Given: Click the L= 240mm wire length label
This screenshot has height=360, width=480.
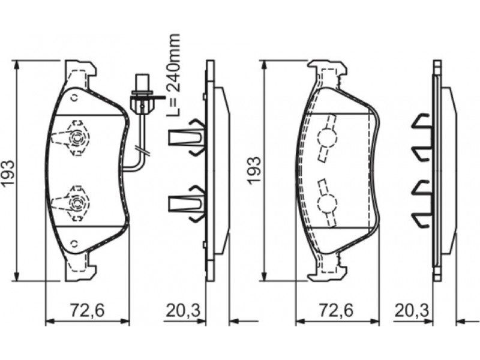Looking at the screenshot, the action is tap(173, 76).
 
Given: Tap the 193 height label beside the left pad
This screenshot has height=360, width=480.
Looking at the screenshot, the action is tap(8, 172).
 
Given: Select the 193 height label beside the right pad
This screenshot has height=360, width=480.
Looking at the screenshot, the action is tap(254, 170).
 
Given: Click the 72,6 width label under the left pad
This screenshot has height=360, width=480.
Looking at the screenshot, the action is tap(88, 310).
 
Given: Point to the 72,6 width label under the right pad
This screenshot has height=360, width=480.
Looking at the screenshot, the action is tap(336, 310).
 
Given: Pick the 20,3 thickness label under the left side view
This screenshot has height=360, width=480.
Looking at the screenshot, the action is tap(183, 310).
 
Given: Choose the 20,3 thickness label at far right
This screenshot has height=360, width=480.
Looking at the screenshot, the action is tap(412, 310).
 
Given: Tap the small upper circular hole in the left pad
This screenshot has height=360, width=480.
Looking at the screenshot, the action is tap(74, 98).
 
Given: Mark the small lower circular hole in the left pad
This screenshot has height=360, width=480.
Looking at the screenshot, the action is tap(74, 244).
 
